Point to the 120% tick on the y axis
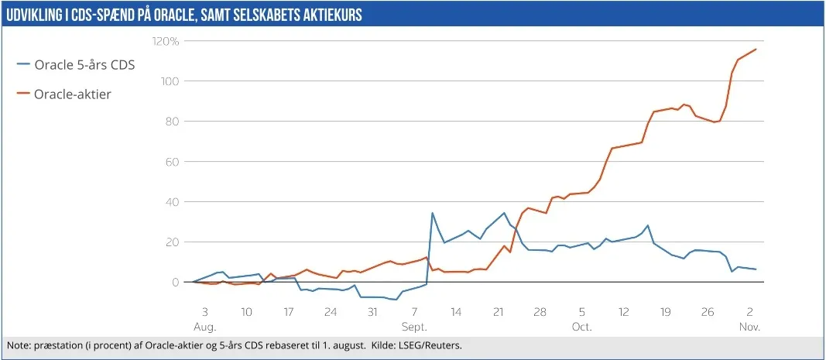click(x=166, y=40)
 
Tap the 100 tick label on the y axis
click(x=170, y=81)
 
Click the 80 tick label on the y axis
click(x=173, y=122)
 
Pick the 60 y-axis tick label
click(x=173, y=162)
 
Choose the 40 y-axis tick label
click(x=173, y=202)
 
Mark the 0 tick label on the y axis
click(x=176, y=283)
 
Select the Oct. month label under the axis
click(x=581, y=327)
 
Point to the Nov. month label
click(x=749, y=327)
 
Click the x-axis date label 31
click(x=372, y=313)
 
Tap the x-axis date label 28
click(x=540, y=313)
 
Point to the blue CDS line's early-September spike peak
click(x=432, y=213)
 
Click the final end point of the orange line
click(x=756, y=49)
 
